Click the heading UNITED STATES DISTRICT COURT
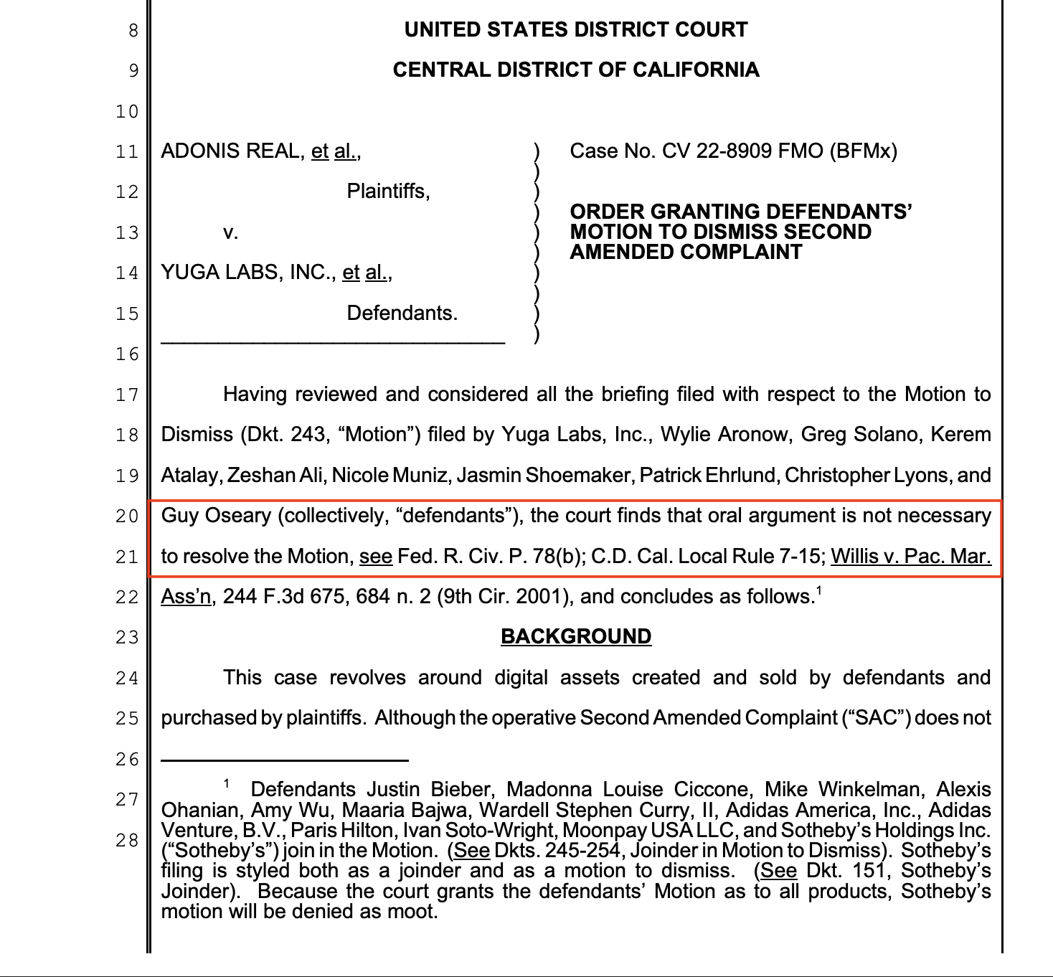[x=575, y=29]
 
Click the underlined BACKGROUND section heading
[x=575, y=636]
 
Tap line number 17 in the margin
[x=126, y=395]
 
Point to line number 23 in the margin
[x=126, y=637]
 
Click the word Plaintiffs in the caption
[x=388, y=191]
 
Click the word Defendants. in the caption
[x=402, y=313]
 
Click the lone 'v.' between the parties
[x=230, y=232]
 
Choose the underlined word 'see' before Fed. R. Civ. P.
[x=376, y=557]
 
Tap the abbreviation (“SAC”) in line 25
[x=875, y=718]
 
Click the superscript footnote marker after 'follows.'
[x=818, y=591]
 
